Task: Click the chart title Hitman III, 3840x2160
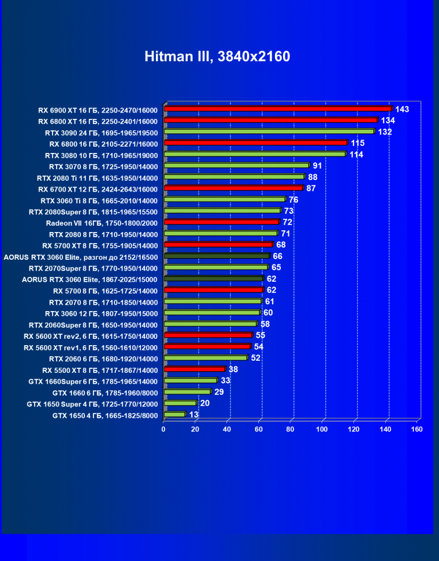tap(217, 57)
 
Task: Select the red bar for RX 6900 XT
tap(277, 109)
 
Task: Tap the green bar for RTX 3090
tap(269, 132)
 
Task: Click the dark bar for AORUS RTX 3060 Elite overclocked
tap(217, 256)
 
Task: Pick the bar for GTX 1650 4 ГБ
tap(174, 414)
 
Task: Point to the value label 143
tap(402, 109)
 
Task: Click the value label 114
tap(356, 155)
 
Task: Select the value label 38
tap(233, 369)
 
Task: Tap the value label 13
tap(194, 414)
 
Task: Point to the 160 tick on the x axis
tap(416, 429)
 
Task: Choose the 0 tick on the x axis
tap(164, 429)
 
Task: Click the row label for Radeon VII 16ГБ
tap(102, 223)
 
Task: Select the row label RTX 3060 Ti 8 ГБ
tap(99, 200)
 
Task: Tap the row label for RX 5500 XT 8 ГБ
tap(100, 370)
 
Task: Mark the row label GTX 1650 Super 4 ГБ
tap(92, 404)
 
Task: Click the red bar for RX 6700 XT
tap(233, 188)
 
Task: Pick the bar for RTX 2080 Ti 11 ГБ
tap(234, 177)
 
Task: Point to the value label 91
tap(317, 166)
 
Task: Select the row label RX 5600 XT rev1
tap(91, 347)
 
